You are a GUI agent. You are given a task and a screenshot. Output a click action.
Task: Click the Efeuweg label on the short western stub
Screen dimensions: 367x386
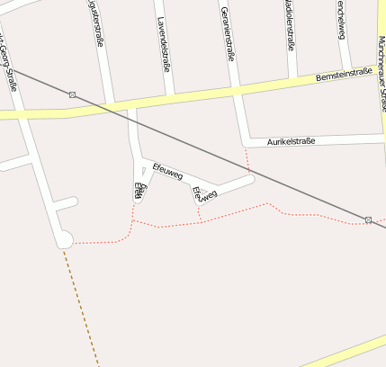pyautogui.click(x=139, y=190)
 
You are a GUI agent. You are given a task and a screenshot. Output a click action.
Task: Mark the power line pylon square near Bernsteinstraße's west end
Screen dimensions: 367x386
pyautogui.click(x=72, y=94)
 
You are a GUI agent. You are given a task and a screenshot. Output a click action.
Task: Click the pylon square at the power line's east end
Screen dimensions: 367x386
pyautogui.click(x=368, y=219)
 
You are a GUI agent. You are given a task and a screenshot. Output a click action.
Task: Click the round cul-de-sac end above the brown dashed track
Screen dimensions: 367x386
pyautogui.click(x=64, y=239)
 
